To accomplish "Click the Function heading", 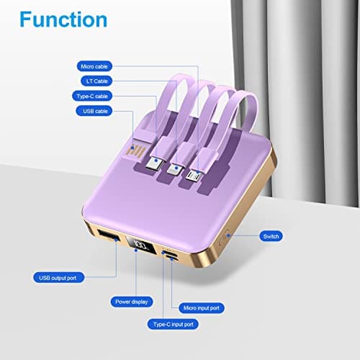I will pyautogui.click(x=64, y=19).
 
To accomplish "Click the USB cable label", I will pyautogui.click(x=96, y=111).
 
